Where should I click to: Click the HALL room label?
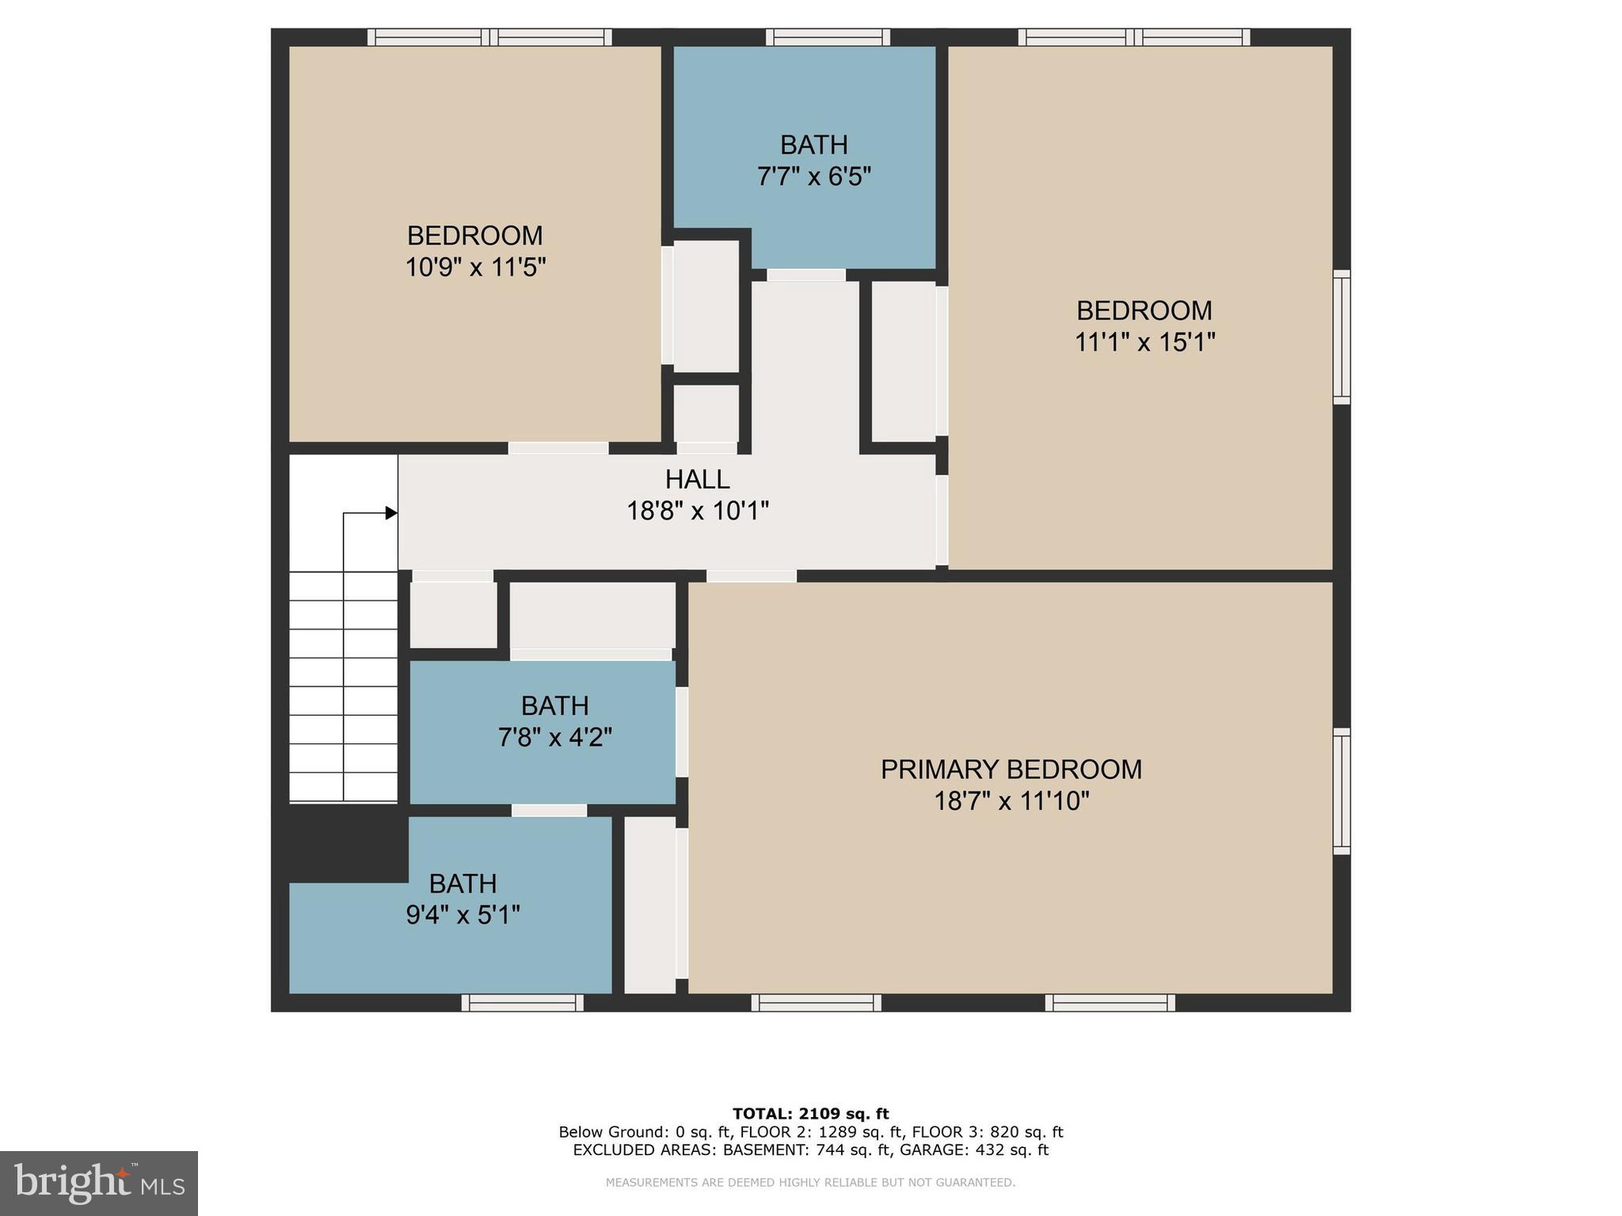point(697,480)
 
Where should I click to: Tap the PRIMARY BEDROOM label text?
point(1011,769)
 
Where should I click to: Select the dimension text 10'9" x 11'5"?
point(475,268)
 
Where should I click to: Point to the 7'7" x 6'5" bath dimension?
point(813,177)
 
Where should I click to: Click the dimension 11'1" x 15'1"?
point(1144,342)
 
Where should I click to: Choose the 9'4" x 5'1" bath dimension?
point(463,916)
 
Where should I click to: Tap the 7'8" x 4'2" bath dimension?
point(554,738)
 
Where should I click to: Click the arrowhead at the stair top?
point(391,513)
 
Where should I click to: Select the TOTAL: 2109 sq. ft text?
point(810,1114)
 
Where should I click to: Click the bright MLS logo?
point(99,1183)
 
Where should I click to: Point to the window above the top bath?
point(828,37)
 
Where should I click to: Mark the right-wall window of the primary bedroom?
point(1341,791)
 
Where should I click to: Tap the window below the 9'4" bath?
point(523,1003)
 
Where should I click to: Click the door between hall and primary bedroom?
point(751,576)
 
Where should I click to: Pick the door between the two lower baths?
point(549,811)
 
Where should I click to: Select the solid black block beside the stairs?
point(341,842)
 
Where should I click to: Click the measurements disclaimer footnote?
point(810,1183)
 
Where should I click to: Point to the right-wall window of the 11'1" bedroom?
point(1341,337)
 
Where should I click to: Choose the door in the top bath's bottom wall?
point(806,275)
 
